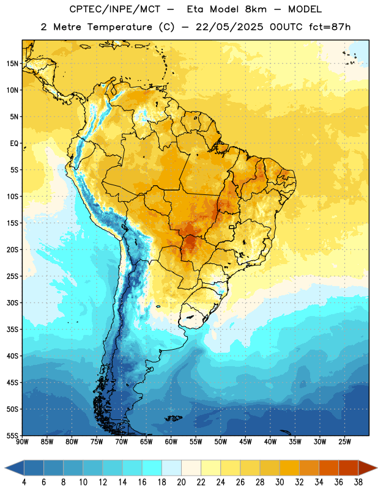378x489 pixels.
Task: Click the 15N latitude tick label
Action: (12, 64)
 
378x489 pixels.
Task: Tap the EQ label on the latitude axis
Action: (14, 144)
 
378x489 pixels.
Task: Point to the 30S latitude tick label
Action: (12, 303)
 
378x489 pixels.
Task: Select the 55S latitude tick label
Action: (12, 435)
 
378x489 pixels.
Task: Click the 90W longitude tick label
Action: (22, 441)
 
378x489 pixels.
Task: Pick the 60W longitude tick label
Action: (171, 441)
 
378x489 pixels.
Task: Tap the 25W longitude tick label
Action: (344, 441)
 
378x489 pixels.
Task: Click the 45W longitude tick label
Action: (245, 441)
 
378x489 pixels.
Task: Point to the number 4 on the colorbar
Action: (24, 482)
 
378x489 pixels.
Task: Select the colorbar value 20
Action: (181, 482)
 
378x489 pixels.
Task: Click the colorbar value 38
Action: (358, 482)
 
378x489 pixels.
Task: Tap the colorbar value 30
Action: (280, 482)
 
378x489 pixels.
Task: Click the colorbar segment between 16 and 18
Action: (152, 468)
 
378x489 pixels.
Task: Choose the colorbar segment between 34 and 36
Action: (329, 468)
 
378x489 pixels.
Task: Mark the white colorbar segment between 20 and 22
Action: (191, 468)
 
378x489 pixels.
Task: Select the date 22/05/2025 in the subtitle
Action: (229, 27)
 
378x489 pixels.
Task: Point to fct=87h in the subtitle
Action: (330, 27)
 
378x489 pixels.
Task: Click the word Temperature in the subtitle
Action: (119, 27)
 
